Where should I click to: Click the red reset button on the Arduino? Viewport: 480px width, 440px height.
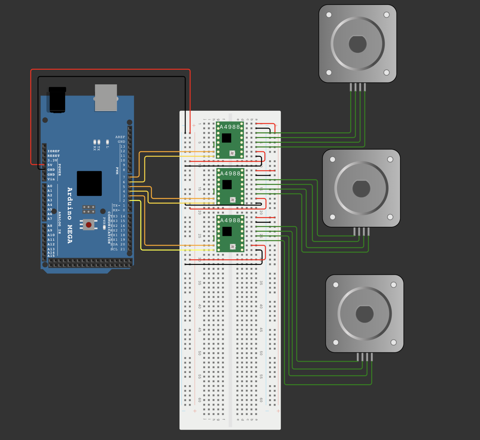pos(88,225)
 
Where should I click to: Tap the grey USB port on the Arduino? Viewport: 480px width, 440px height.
pos(106,98)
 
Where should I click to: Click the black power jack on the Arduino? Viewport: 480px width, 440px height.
pos(57,100)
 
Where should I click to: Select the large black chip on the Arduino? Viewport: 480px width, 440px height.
pos(89,183)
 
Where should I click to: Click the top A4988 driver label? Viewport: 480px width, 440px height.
pos(230,127)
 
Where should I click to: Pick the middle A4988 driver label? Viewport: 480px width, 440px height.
pos(230,174)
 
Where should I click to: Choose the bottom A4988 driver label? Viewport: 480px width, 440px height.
pos(230,220)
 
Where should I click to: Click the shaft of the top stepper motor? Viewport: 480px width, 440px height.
pos(357,44)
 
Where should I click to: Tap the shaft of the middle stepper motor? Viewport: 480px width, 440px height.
pos(361,189)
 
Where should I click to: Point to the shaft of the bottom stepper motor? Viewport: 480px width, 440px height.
pos(364,314)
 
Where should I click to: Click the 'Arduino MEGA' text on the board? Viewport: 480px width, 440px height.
pos(70,215)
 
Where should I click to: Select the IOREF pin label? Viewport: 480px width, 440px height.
pos(53,151)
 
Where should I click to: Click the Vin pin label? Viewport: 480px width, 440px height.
pos(51,179)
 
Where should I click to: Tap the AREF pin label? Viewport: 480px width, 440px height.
pos(120,137)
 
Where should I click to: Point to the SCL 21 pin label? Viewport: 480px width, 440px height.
pos(118,249)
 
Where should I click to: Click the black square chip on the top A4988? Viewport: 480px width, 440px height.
pos(226,138)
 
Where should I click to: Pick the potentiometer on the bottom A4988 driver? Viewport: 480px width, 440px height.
pos(233,247)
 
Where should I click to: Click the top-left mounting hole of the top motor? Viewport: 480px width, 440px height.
pos(329,15)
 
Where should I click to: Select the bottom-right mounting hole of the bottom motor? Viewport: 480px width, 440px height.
pos(393,342)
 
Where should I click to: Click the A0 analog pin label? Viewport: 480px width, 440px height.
pos(50,186)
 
